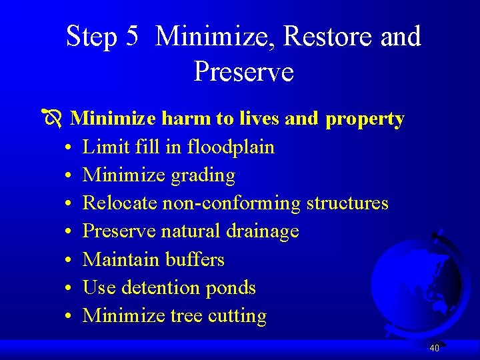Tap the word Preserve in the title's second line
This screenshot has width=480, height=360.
tap(243, 71)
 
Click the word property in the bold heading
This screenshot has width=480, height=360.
tap(365, 119)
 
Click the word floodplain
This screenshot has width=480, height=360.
tap(231, 147)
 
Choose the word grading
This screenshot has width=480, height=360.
tap(204, 175)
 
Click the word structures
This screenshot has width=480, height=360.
tap(347, 203)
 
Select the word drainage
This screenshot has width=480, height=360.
tap(263, 231)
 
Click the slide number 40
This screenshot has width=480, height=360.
tap(434, 348)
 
